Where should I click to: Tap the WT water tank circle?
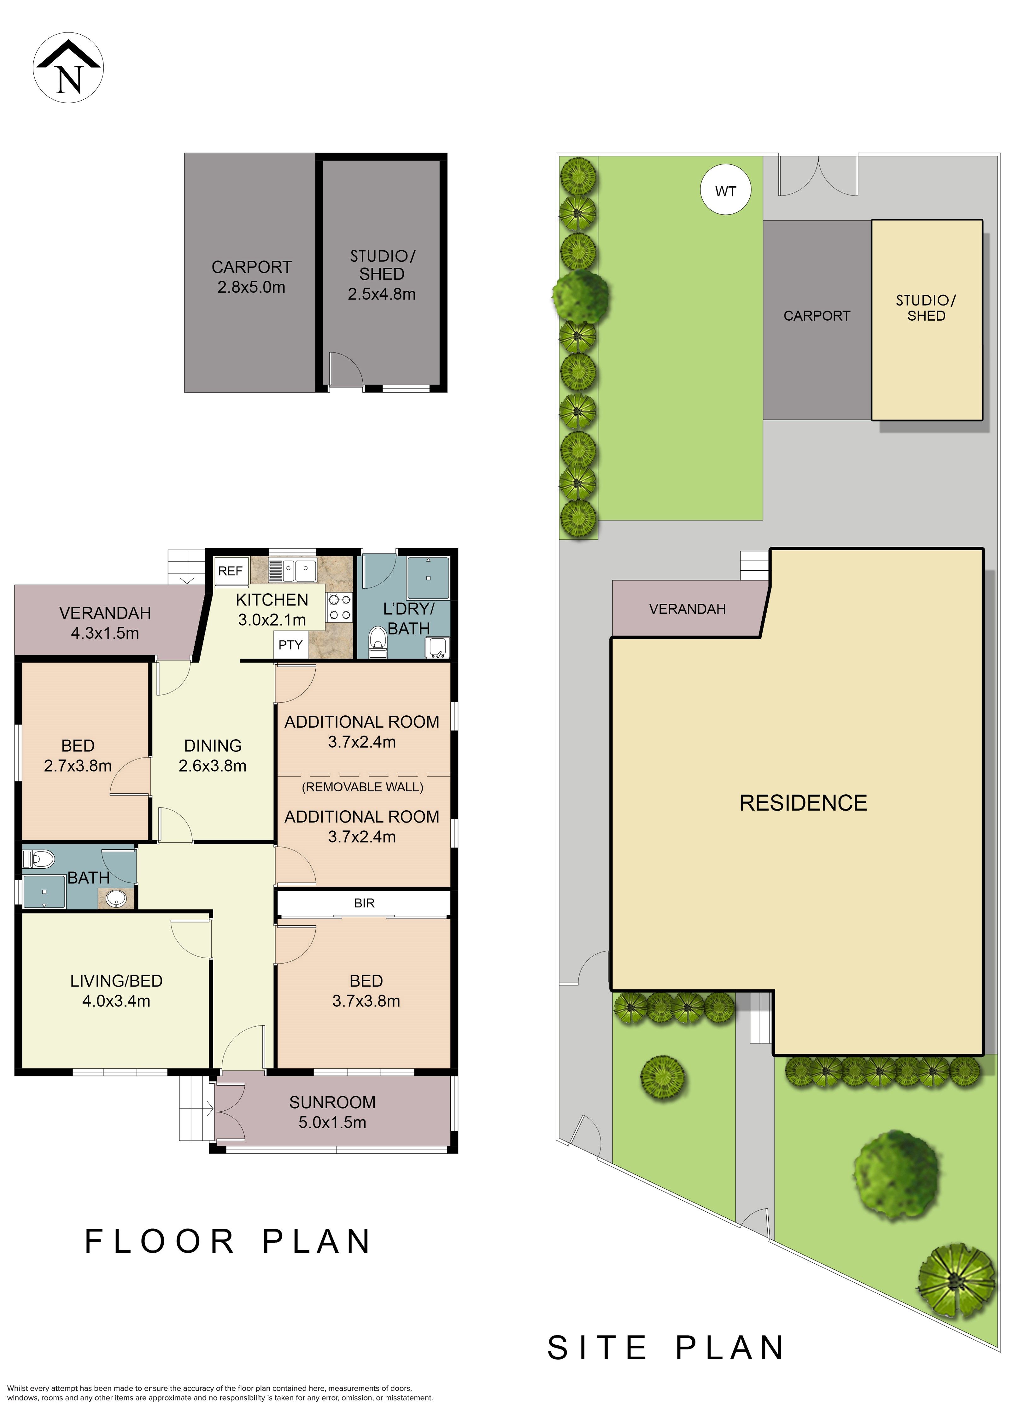coord(726,191)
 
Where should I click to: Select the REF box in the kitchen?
coord(230,571)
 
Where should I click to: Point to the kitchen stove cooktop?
coord(339,607)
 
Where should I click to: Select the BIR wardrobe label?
coord(364,903)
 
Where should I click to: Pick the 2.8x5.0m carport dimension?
coord(251,287)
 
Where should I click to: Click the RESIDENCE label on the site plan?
coord(803,803)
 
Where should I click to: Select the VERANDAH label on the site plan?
coord(687,609)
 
